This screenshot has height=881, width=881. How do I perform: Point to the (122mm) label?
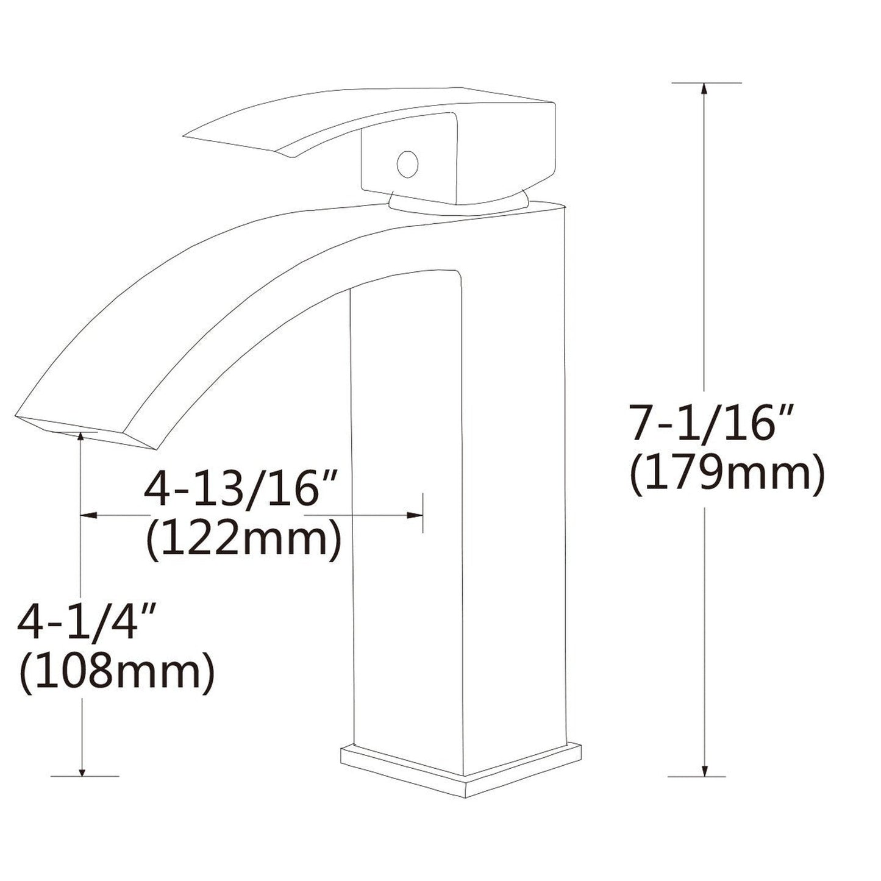(x=243, y=539)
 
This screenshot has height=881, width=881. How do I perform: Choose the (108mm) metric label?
(x=116, y=672)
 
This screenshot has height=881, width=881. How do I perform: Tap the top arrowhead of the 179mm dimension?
(x=705, y=89)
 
